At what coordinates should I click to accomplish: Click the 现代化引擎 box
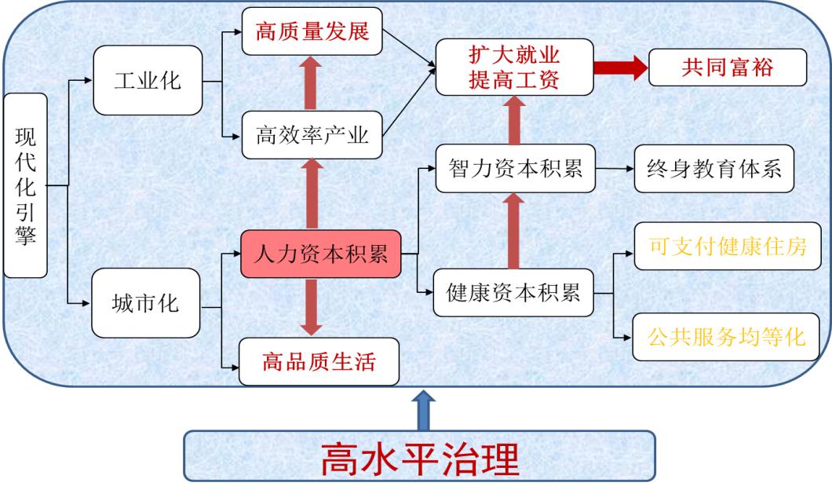tap(25, 185)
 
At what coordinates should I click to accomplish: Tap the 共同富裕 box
tap(728, 68)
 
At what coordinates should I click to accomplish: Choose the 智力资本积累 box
tap(516, 168)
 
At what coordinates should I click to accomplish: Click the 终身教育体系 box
tap(714, 168)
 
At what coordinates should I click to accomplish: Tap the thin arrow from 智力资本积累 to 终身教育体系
tap(614, 168)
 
